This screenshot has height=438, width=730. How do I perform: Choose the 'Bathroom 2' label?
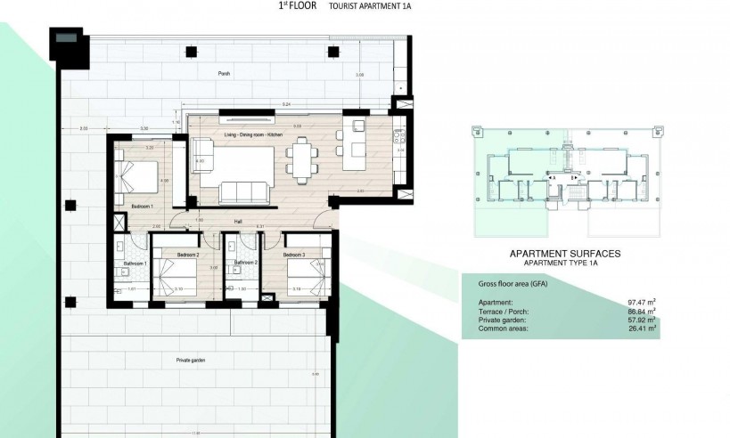(245, 264)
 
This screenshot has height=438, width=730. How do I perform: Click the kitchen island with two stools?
(359, 147)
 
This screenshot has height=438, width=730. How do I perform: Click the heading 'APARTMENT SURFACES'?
(564, 254)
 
